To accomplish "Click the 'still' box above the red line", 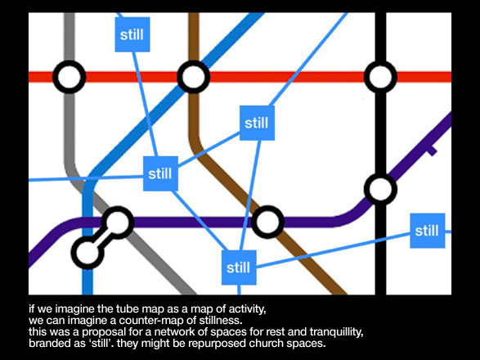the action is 132,34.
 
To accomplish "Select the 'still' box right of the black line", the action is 428,231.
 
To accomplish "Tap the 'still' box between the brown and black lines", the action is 257,123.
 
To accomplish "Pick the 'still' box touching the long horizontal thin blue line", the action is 160,173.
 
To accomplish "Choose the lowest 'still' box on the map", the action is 239,268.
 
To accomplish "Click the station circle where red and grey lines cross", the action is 70,77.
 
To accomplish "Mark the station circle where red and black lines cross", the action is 380,77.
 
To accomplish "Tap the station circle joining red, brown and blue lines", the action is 194,77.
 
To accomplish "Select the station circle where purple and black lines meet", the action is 380,189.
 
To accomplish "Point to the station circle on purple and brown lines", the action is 267,222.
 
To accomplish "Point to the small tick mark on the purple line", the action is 432,151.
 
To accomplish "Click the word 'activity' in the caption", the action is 247,308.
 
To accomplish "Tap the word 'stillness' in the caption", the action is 221,320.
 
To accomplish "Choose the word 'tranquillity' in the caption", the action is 336,332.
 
